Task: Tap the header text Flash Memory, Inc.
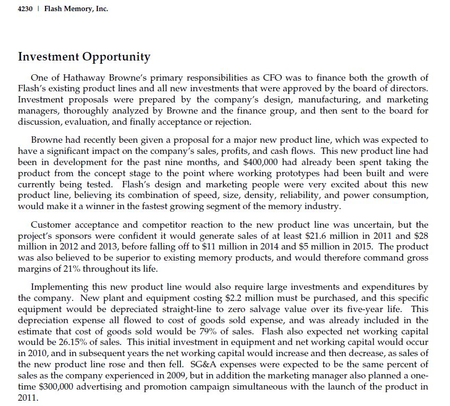pyautogui.click(x=76, y=9)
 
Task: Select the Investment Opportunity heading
pyautogui.click(x=84, y=57)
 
